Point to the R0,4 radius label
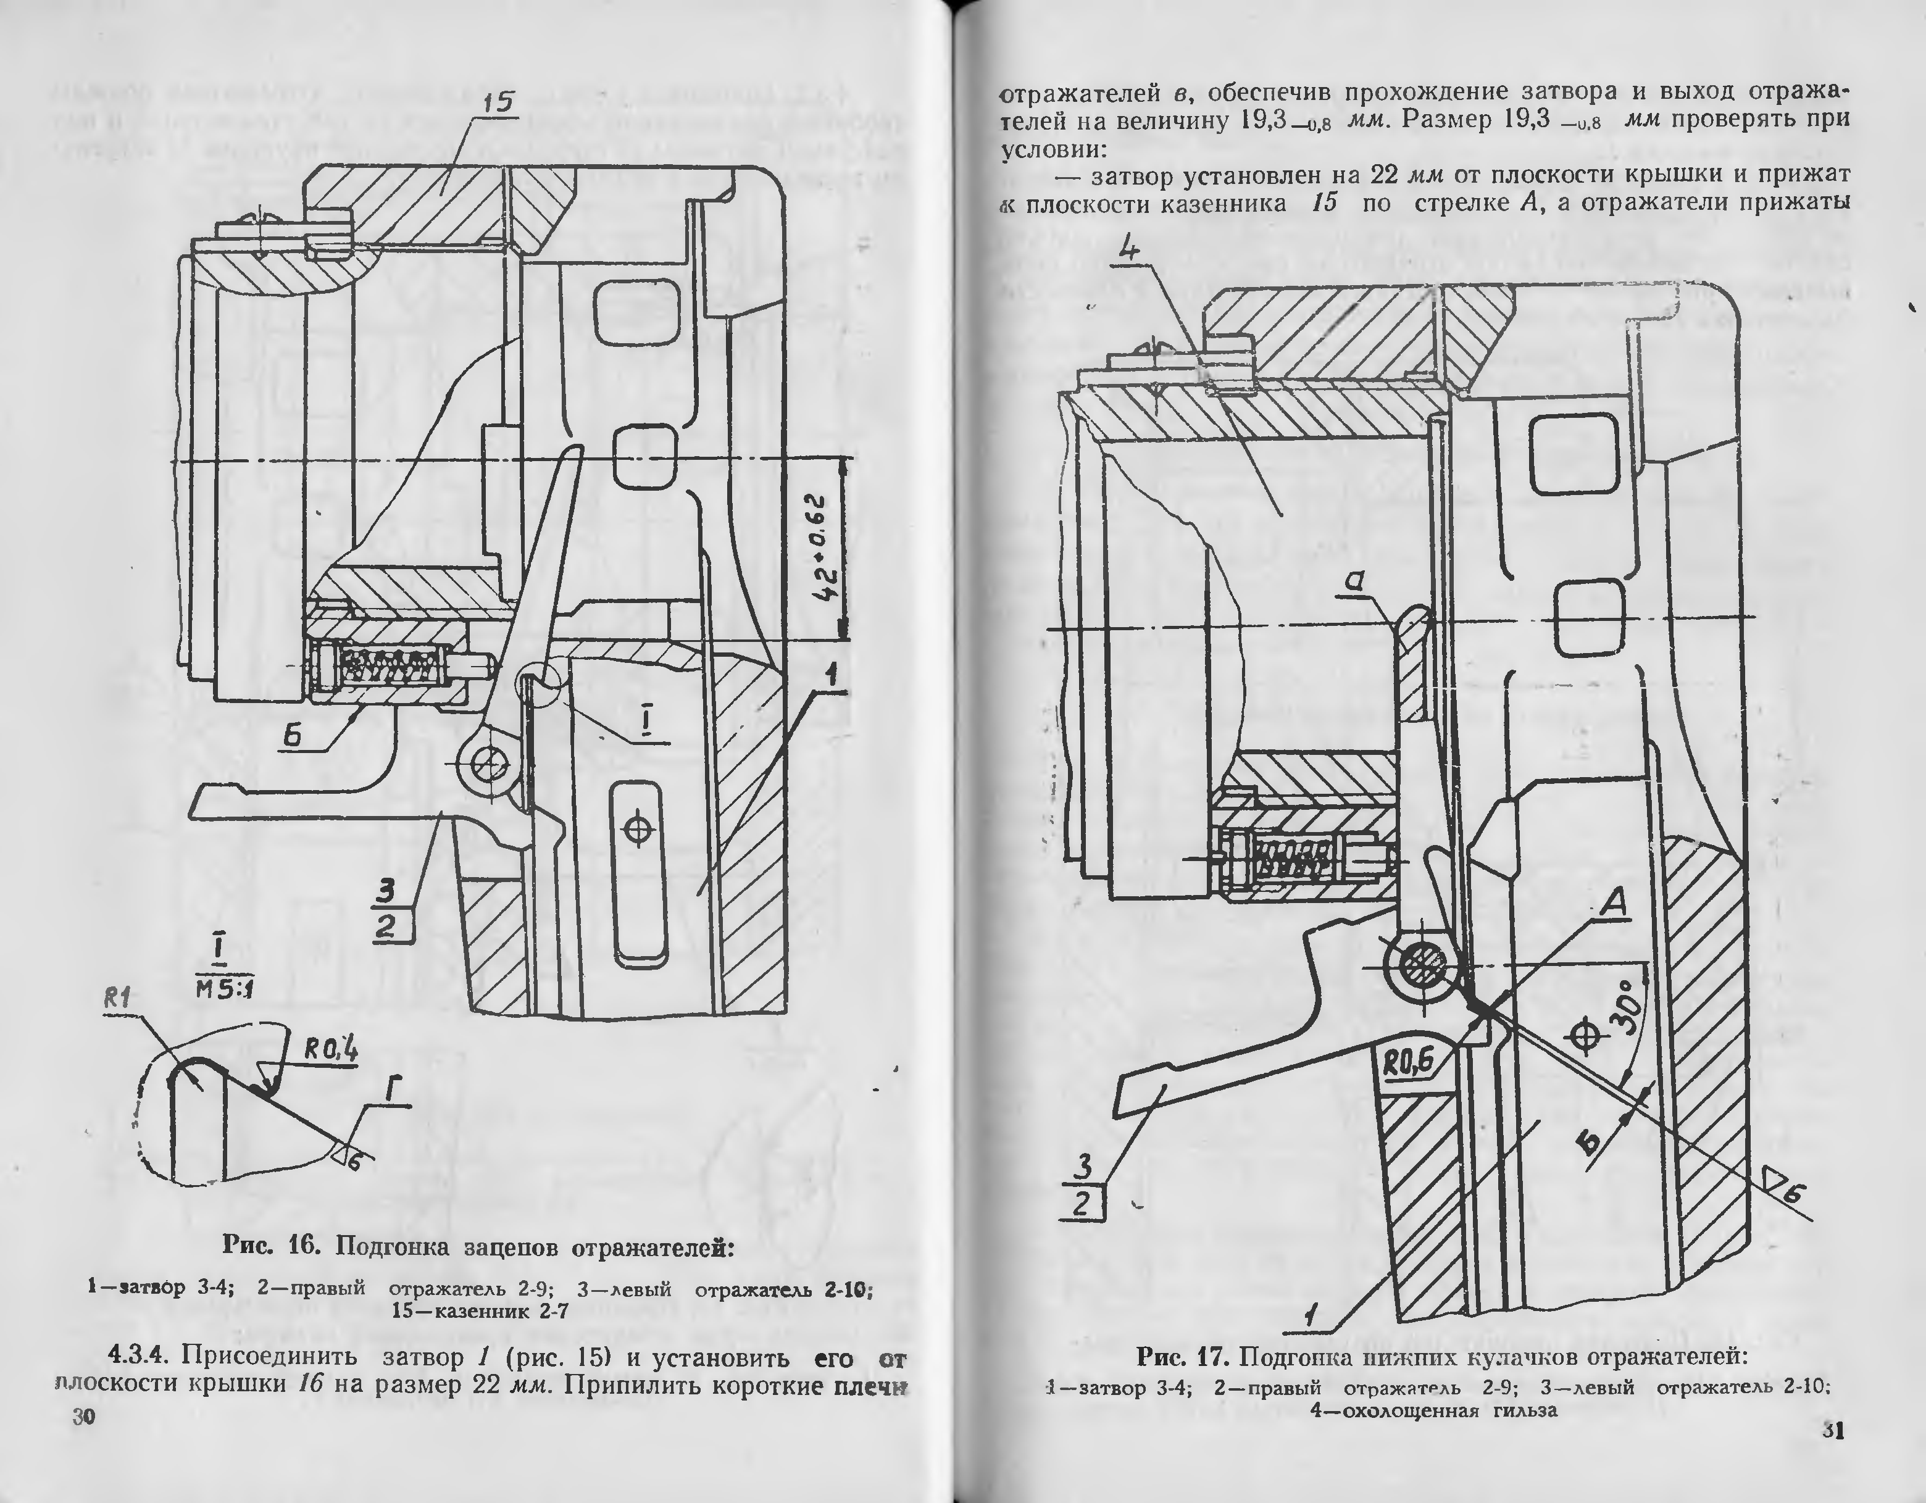pos(331,1050)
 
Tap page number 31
pos(1833,1430)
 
